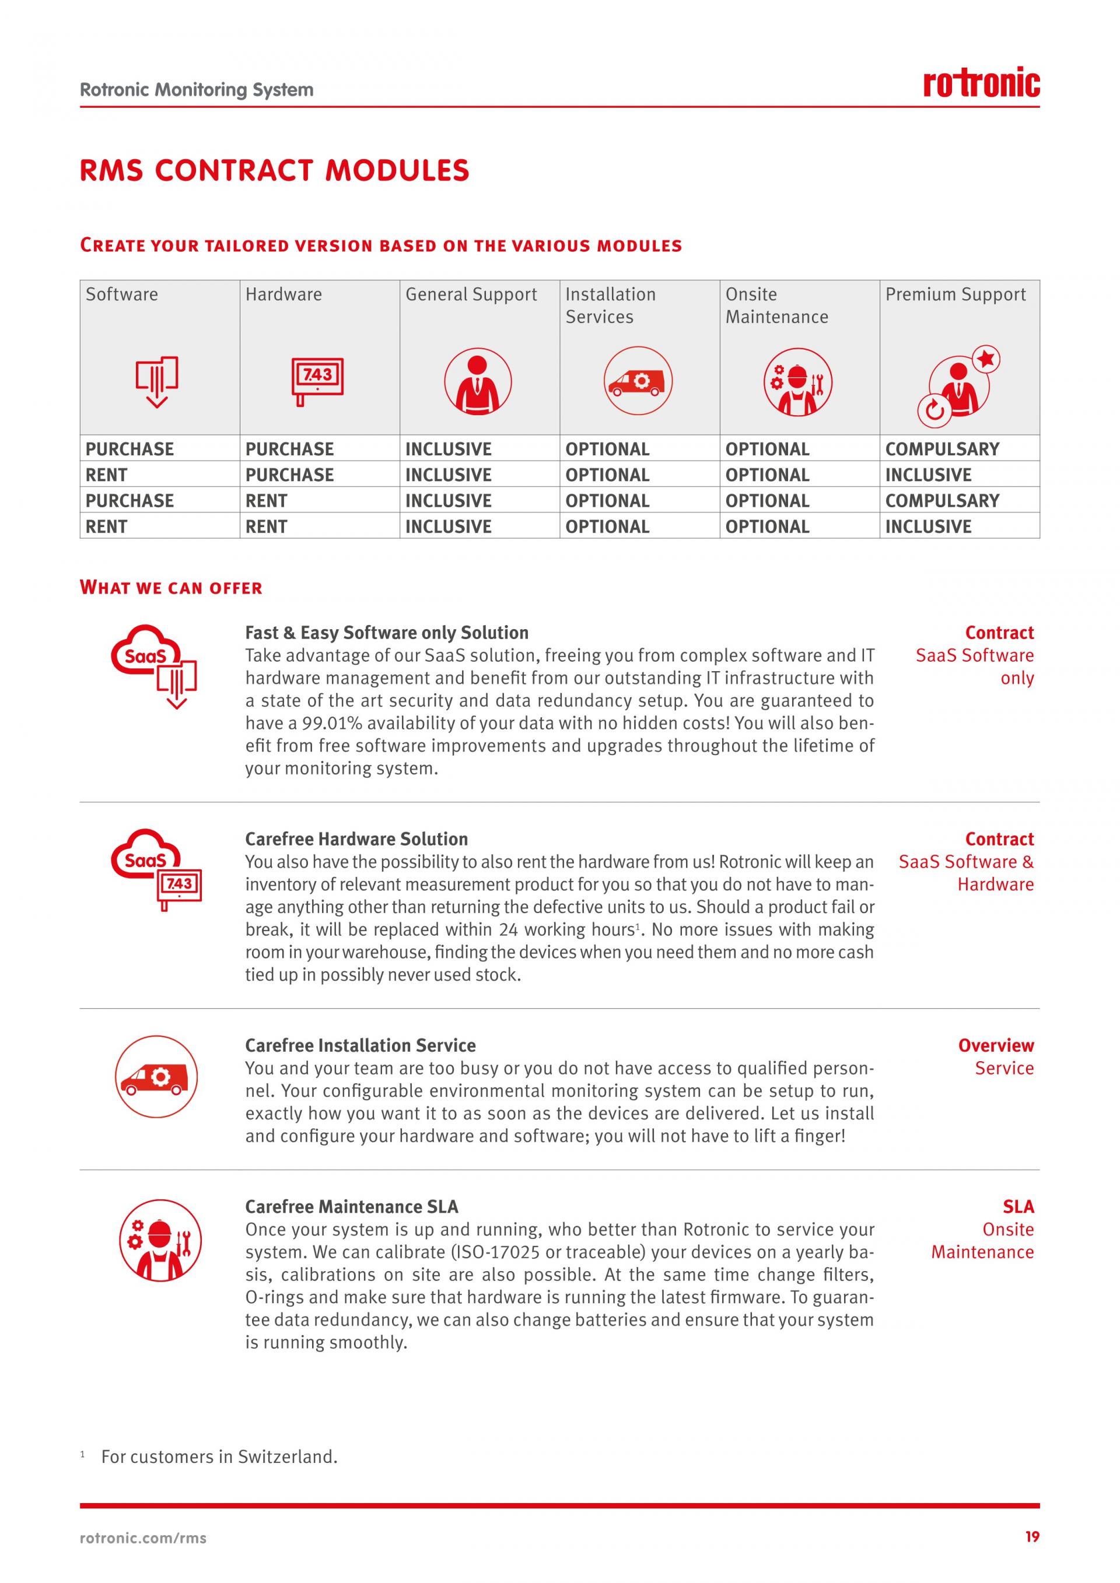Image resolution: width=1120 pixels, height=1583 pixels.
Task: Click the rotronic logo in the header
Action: coord(981,83)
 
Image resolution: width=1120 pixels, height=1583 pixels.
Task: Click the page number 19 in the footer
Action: coord(1032,1536)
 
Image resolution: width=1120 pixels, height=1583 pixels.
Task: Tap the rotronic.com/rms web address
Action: coord(143,1538)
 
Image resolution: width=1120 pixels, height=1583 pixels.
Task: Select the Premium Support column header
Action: coord(955,294)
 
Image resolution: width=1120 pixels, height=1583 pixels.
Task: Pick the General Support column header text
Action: coord(470,294)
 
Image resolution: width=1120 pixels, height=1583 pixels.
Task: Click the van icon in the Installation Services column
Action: coord(638,381)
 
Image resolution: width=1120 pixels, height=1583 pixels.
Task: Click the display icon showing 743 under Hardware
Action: coord(317,378)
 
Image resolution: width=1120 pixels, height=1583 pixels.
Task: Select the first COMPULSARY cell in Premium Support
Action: coord(942,449)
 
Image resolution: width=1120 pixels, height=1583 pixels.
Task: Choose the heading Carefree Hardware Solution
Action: coord(356,839)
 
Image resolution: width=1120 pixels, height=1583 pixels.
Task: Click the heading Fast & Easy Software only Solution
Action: coord(386,633)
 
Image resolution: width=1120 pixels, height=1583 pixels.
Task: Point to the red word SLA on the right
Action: coord(1018,1206)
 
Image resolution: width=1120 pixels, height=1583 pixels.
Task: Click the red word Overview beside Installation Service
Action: coord(995,1045)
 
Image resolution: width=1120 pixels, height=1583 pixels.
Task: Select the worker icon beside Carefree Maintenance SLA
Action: coord(160,1240)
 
